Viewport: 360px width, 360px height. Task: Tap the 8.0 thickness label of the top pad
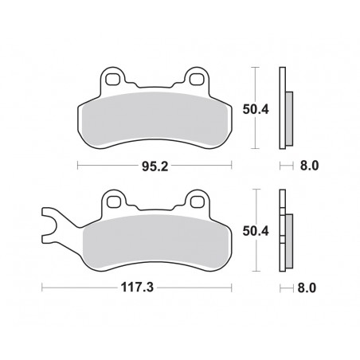coord(309,167)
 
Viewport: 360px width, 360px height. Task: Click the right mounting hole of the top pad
coord(195,79)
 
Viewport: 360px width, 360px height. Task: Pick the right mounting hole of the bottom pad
coord(195,204)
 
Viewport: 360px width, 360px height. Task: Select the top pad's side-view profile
coord(284,109)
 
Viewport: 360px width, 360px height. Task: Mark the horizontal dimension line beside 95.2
coord(104,166)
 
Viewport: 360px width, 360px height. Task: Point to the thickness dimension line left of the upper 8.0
coord(286,167)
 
